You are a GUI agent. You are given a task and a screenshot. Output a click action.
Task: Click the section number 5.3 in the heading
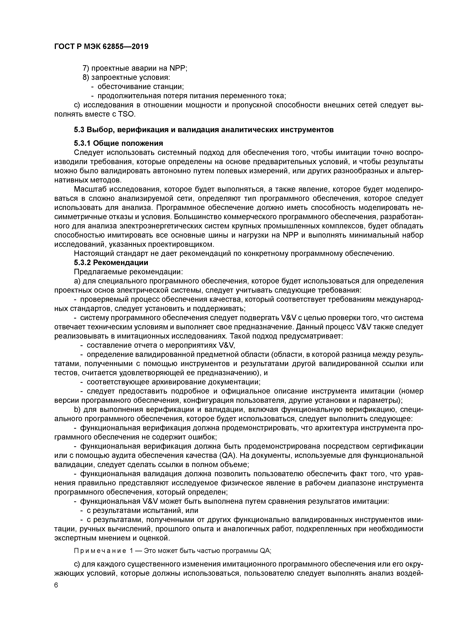click(x=79, y=130)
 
